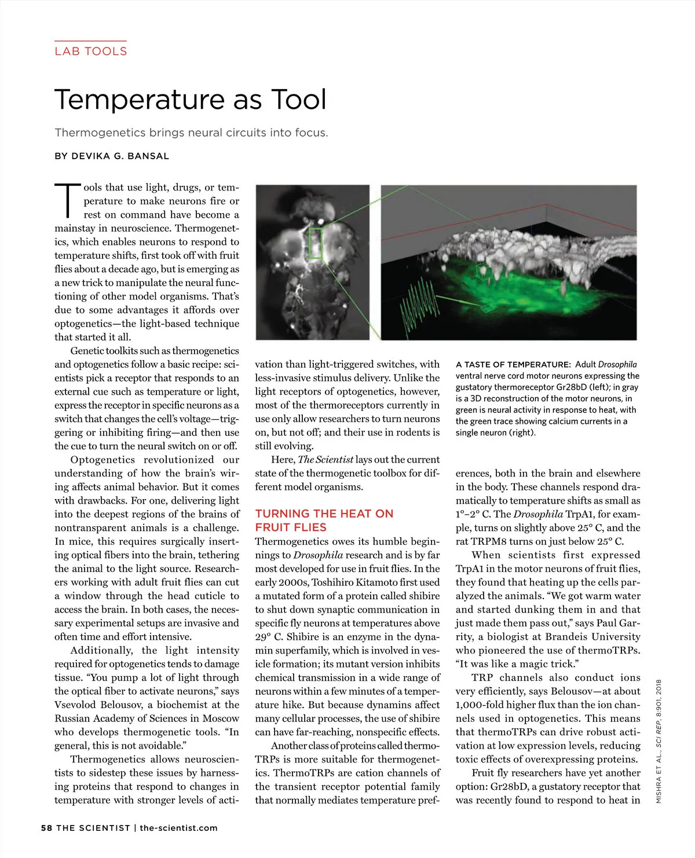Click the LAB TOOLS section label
[90, 51]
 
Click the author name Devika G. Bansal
[120, 156]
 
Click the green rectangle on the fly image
[315, 243]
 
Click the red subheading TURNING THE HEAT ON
[324, 514]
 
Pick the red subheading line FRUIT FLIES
[291, 527]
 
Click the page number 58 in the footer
[46, 828]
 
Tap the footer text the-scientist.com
[178, 828]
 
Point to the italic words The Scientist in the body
[325, 460]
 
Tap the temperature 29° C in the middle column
[269, 637]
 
